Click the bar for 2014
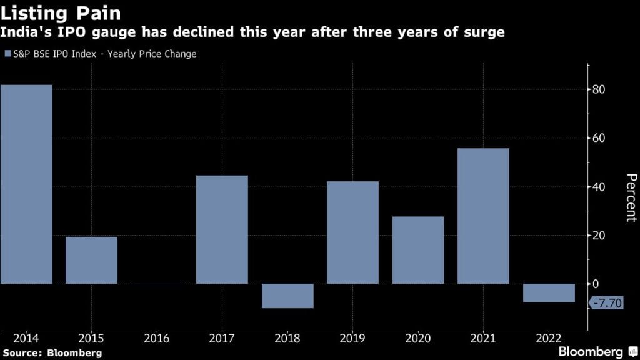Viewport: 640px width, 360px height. coord(26,184)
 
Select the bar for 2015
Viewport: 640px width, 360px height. coord(91,260)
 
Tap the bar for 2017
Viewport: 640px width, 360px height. coord(222,229)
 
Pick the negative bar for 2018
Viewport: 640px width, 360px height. coord(287,296)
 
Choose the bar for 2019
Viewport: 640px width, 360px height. coord(352,232)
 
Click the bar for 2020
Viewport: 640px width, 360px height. coord(418,250)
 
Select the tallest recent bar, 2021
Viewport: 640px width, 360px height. coord(483,216)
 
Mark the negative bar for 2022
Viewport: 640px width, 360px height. coord(549,293)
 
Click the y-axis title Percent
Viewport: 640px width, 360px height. coord(629,197)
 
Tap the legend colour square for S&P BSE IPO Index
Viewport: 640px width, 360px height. coord(7,54)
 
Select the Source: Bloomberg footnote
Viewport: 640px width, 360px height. coord(51,353)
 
